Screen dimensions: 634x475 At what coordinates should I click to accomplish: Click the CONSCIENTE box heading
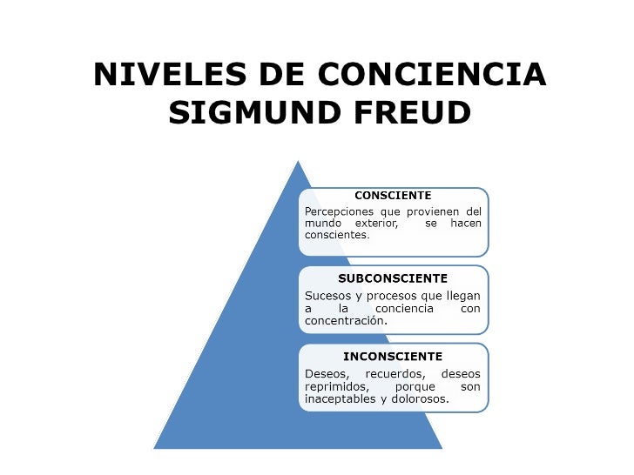393,195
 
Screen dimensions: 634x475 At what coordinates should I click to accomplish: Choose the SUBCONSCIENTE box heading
393,278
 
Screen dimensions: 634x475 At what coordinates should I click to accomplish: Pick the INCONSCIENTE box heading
393,356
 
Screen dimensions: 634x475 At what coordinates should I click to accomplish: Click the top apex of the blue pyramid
298,161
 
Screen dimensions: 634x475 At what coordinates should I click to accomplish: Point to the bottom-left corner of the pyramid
155,447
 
